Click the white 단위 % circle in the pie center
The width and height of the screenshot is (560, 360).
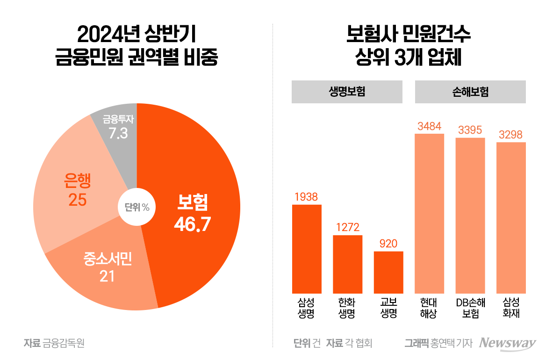(x=136, y=207)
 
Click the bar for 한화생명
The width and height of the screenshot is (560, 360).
(x=347, y=264)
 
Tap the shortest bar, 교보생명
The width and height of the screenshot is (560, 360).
(x=388, y=272)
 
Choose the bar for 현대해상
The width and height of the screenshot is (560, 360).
(x=429, y=213)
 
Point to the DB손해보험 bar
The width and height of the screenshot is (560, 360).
(x=470, y=215)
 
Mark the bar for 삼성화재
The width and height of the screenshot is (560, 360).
(x=511, y=217)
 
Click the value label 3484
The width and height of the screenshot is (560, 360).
(x=429, y=126)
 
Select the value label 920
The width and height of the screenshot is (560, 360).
(x=388, y=244)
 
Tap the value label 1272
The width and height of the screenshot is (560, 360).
(x=347, y=228)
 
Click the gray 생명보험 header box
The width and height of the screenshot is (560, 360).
(x=347, y=92)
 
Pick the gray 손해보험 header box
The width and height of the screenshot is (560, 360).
(x=470, y=92)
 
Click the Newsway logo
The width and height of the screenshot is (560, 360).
(x=508, y=343)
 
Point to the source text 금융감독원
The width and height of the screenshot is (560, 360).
(x=64, y=344)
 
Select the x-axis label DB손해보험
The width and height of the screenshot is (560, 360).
(x=470, y=308)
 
